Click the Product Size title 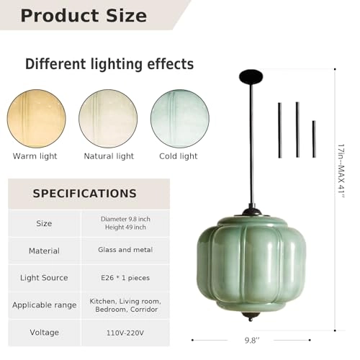coord(84,15)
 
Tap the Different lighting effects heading coord(109,64)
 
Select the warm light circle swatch coord(37,118)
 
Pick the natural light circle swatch coord(108,118)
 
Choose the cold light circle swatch coord(179,118)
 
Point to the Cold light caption coord(178,156)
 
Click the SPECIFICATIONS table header coord(84,194)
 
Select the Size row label coord(44,224)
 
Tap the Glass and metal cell coord(125,250)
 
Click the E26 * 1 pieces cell coord(125,277)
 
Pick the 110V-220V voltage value coord(125,333)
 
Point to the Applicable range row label coord(44,305)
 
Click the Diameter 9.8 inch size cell coord(125,223)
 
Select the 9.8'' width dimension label coord(251,341)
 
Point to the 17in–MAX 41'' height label coord(341,173)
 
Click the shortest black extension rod coord(314,139)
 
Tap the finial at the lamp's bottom coord(251,318)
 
